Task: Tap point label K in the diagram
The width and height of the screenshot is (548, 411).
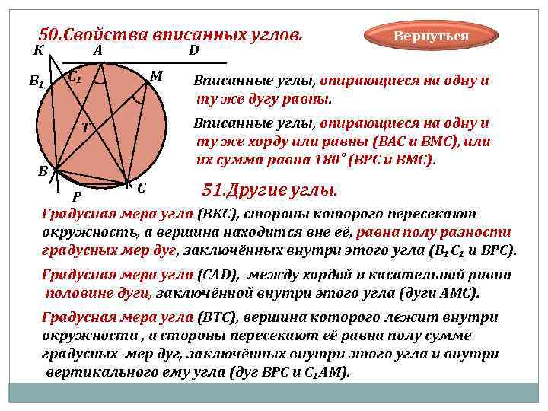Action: (38, 51)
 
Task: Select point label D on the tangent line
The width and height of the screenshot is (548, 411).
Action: (193, 51)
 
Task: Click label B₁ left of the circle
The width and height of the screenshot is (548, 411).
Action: (37, 81)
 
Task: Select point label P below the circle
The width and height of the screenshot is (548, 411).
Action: (77, 197)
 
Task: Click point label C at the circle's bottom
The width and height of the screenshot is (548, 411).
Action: (142, 187)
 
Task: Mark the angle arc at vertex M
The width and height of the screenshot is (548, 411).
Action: (138, 98)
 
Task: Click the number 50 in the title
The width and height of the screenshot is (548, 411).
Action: (48, 35)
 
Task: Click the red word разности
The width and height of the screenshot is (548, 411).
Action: (480, 233)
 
